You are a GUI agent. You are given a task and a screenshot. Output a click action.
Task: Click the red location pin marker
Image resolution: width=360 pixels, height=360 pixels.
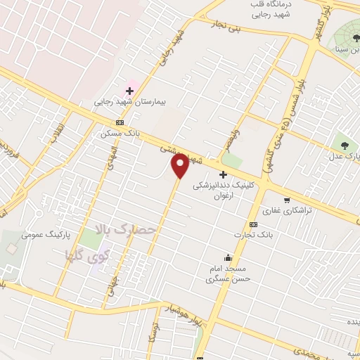[x=181, y=165]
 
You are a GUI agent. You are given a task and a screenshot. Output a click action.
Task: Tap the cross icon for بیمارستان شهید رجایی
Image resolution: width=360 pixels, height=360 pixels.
[x=129, y=91]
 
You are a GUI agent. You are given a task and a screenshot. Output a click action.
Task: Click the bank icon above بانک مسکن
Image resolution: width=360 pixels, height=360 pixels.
[x=120, y=122]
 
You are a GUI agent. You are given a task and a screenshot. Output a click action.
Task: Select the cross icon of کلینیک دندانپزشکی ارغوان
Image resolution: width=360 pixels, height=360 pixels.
[x=224, y=174]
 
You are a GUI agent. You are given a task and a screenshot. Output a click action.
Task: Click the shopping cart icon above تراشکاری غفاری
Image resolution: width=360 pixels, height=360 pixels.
[x=287, y=199]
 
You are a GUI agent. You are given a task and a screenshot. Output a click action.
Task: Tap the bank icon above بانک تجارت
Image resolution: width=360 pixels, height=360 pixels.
[x=252, y=224]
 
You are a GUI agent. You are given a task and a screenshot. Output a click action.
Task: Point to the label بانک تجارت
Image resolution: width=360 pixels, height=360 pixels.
[x=254, y=234]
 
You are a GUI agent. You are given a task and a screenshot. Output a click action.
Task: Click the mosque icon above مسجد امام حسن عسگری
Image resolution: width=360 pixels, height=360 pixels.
[x=227, y=257]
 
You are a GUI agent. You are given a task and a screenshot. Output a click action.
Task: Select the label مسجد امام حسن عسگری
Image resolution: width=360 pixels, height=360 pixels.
[x=223, y=274]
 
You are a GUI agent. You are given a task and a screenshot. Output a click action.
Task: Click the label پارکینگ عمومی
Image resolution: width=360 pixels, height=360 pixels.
[x=43, y=234]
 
